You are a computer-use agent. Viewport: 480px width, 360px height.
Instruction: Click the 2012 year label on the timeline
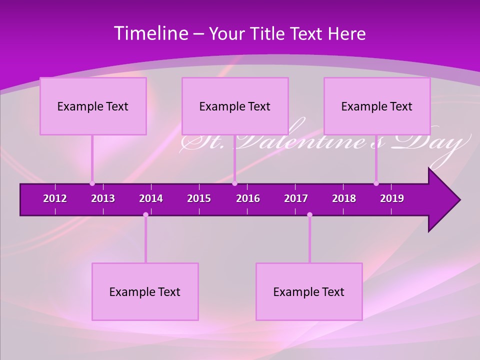55,198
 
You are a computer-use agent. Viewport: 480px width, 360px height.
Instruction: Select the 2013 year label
103,198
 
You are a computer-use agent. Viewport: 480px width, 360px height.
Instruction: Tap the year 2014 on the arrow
151,198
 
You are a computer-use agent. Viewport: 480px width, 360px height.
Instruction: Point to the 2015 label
199,198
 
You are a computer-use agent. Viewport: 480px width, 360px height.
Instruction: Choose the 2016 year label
248,198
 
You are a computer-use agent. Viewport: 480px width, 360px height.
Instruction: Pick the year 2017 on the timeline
296,198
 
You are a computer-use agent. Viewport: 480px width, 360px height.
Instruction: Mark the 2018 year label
344,198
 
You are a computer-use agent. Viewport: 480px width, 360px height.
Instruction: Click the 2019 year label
392,198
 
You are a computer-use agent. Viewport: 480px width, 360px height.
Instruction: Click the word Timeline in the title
150,33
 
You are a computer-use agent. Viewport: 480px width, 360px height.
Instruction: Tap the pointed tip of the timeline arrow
458,200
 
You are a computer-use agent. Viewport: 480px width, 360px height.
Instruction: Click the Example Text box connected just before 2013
93,106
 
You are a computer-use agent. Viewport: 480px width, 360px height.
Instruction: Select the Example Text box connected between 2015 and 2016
235,106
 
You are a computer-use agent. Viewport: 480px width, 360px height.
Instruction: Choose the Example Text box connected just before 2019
377,106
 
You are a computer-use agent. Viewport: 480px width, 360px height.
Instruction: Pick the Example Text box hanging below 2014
145,291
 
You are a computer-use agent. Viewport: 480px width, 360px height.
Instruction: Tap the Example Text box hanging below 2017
309,291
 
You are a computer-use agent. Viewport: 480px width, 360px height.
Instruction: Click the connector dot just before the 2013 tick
92,183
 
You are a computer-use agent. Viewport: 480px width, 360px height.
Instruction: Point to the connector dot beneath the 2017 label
309,215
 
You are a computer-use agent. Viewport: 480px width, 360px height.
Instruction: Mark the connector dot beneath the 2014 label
145,215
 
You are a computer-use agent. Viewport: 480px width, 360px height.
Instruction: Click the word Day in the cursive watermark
430,143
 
